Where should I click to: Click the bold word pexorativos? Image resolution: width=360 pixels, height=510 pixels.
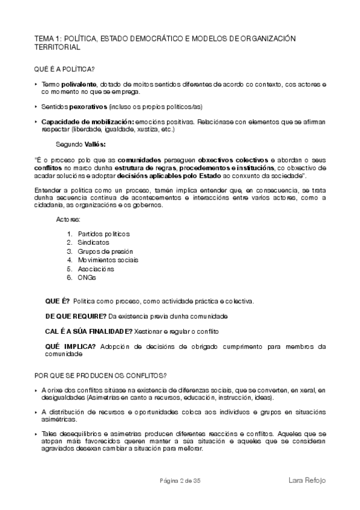coord(80,106)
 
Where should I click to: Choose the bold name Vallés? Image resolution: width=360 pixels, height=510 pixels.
coord(96,144)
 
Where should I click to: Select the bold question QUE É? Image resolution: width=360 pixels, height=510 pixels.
coord(58,300)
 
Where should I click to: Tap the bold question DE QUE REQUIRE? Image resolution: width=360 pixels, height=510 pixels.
coord(76,316)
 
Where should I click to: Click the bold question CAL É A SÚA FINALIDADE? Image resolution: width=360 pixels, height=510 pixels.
coord(89,331)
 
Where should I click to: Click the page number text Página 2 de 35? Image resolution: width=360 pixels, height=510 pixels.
coord(180,480)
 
